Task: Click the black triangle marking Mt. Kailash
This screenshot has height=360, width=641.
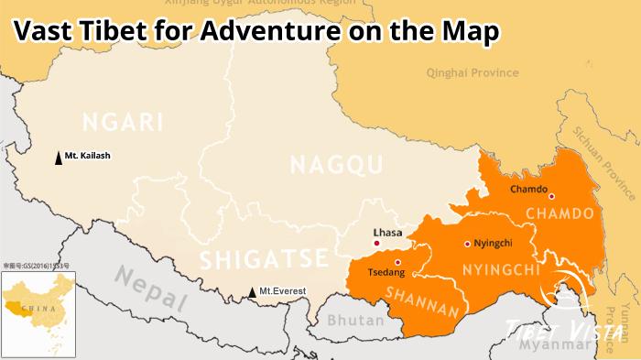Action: pyautogui.click(x=60, y=158)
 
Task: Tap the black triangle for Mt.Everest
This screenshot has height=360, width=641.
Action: pyautogui.click(x=253, y=293)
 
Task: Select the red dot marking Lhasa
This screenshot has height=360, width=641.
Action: pyautogui.click(x=377, y=244)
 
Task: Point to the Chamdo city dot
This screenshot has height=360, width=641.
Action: pyautogui.click(x=551, y=196)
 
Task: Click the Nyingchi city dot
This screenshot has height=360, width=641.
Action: pyautogui.click(x=468, y=244)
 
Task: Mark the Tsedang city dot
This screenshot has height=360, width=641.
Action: pyautogui.click(x=397, y=262)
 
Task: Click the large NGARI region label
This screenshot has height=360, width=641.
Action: pyautogui.click(x=122, y=122)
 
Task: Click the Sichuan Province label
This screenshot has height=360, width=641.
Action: pyautogui.click(x=604, y=159)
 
